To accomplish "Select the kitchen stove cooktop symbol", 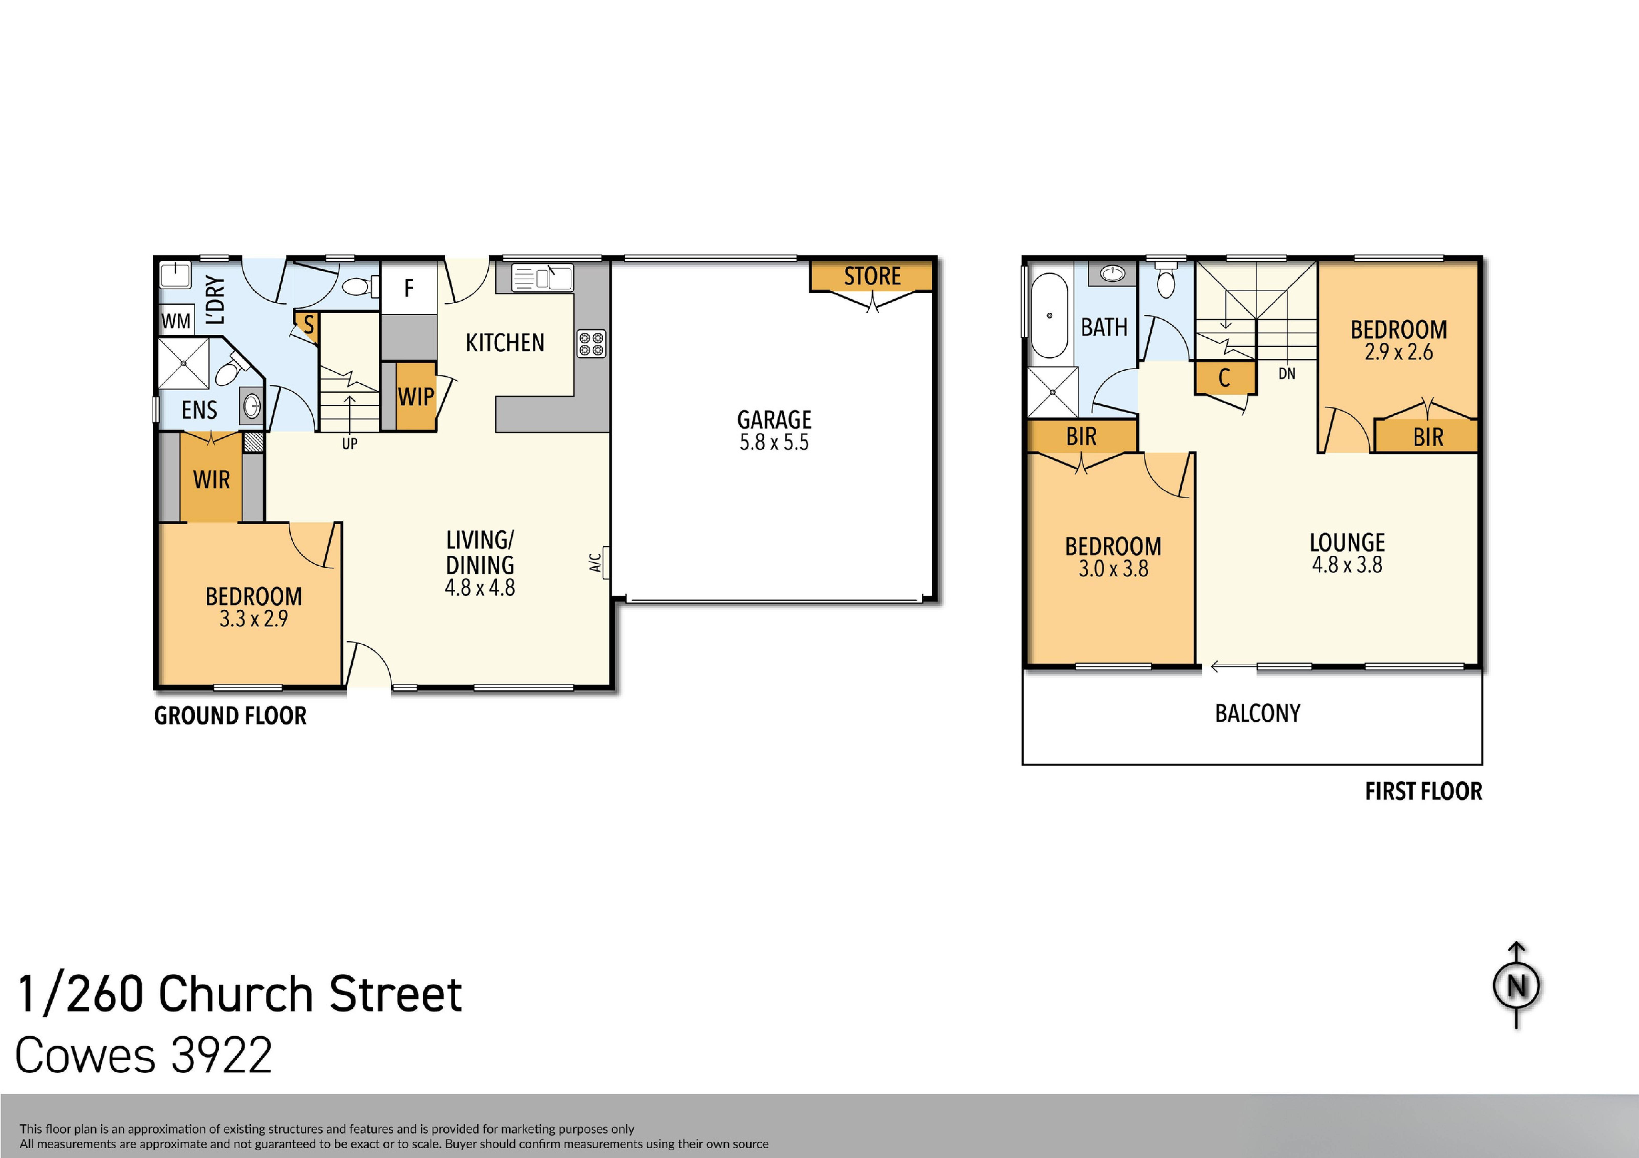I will (x=591, y=343).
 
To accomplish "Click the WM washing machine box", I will (x=176, y=321).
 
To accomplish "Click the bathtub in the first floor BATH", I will (x=1049, y=315).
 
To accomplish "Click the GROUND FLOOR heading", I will (x=230, y=715).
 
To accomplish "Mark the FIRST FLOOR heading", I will (x=1423, y=791).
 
